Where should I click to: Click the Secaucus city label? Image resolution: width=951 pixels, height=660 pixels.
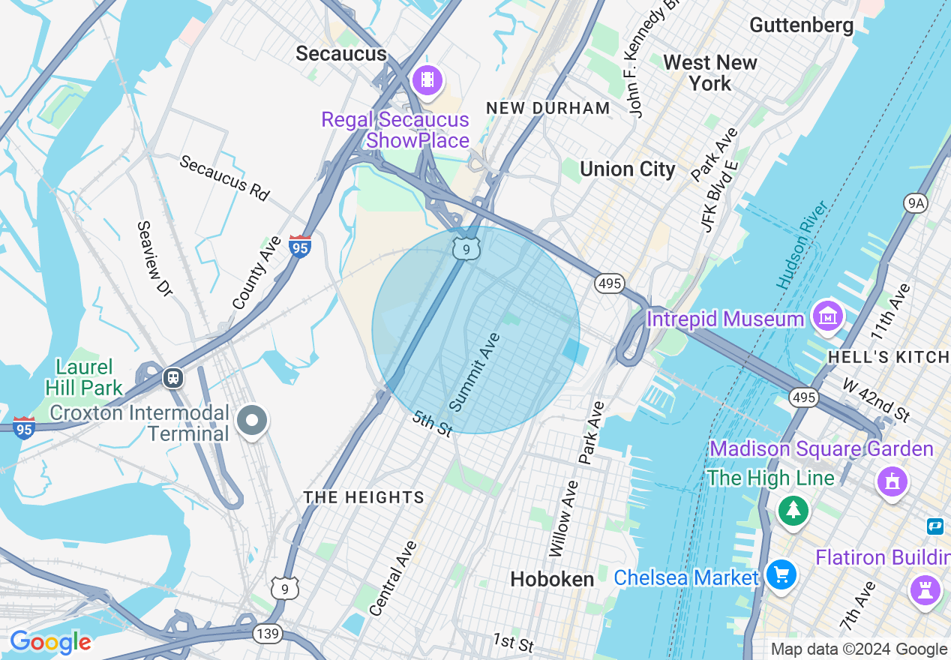tap(341, 53)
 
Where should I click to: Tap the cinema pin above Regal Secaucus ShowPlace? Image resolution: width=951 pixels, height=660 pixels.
tap(427, 79)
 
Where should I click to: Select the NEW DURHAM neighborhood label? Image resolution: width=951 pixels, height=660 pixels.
tap(548, 108)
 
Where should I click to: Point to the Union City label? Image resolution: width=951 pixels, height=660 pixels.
tap(628, 169)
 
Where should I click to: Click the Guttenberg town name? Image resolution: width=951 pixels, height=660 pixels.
tap(802, 25)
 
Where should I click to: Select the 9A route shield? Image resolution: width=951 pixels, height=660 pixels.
tap(916, 202)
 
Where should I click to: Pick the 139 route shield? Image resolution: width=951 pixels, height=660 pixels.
tap(268, 634)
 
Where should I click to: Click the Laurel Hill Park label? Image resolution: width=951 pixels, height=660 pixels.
tap(83, 377)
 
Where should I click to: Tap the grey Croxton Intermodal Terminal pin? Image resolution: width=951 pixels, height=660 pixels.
tap(252, 420)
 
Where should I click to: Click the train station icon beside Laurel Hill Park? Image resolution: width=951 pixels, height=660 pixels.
tap(173, 377)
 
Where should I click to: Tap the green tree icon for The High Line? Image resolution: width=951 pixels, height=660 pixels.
tap(793, 511)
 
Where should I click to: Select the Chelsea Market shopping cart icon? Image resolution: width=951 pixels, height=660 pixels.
tap(781, 575)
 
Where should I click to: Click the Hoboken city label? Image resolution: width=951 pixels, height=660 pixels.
tap(552, 579)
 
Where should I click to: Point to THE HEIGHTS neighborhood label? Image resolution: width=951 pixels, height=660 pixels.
tap(364, 497)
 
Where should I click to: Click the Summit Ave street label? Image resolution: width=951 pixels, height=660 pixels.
tap(475, 373)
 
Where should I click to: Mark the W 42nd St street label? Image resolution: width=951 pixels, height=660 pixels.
tap(875, 400)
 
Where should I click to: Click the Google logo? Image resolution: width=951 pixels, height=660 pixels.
tap(49, 642)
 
